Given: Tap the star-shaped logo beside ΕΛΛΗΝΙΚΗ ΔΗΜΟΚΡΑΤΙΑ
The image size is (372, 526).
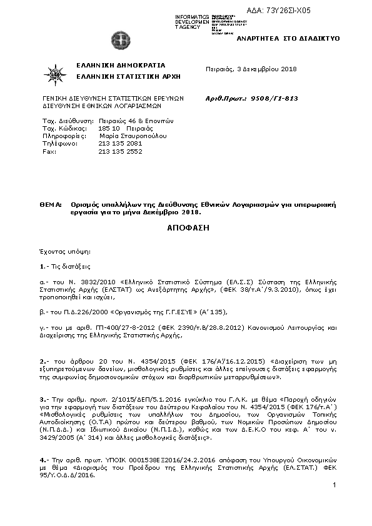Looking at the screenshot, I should [55, 74].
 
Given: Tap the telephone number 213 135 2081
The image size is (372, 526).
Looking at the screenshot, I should [121, 143].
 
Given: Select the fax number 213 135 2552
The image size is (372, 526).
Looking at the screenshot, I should [121, 151].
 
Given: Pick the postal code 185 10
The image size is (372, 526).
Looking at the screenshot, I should [109, 127].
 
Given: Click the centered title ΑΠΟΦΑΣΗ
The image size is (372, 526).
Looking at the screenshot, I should [188, 228].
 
